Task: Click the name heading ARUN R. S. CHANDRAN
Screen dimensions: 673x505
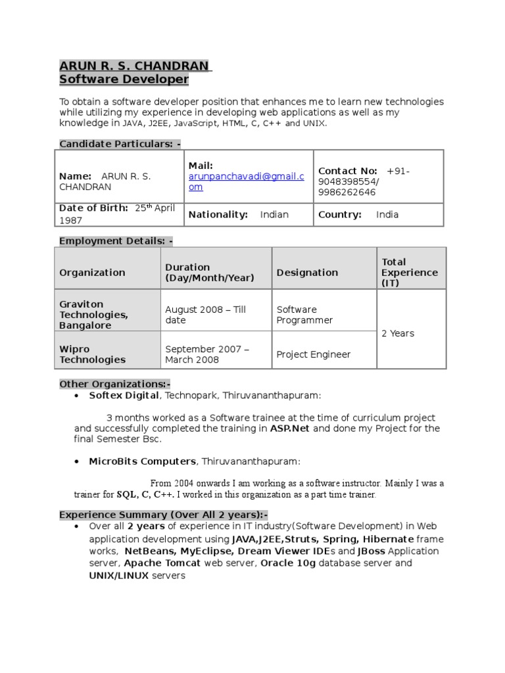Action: click(x=135, y=66)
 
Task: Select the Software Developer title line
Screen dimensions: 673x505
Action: click(x=124, y=80)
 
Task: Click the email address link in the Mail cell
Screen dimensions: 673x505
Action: click(x=246, y=181)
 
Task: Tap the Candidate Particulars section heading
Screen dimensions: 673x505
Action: click(x=120, y=144)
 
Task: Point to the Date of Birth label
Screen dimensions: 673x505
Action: click(x=93, y=208)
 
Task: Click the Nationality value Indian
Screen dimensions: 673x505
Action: click(x=274, y=215)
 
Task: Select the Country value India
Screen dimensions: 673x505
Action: click(x=387, y=215)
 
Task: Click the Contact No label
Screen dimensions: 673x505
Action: click(x=347, y=171)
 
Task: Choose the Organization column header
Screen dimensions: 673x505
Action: click(x=92, y=273)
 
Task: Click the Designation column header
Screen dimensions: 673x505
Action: click(x=307, y=273)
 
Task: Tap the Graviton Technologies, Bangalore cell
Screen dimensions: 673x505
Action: click(x=93, y=315)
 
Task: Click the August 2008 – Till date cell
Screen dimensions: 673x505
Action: click(x=205, y=315)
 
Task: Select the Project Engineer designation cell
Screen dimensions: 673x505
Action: click(x=313, y=355)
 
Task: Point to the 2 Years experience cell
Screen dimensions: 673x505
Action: click(x=398, y=333)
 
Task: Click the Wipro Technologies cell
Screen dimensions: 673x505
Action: click(x=92, y=354)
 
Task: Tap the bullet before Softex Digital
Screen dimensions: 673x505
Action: click(x=77, y=396)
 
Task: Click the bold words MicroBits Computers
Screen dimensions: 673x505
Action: click(x=142, y=461)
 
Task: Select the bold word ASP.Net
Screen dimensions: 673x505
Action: click(x=290, y=429)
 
